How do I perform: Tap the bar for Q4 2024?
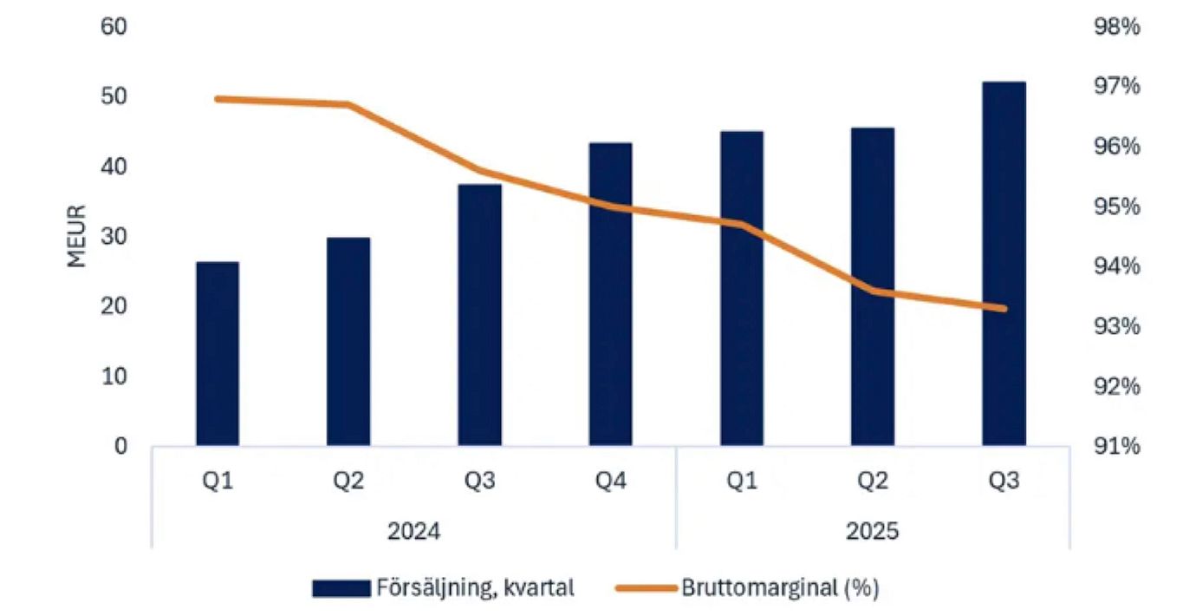(x=610, y=294)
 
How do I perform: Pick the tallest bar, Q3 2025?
(x=1004, y=264)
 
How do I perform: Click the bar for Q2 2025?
(x=873, y=286)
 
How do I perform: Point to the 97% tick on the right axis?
(x=1117, y=87)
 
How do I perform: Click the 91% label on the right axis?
(x=1117, y=447)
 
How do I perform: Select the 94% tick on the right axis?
(x=1117, y=266)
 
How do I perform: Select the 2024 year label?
(x=413, y=531)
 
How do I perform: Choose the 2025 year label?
(x=872, y=531)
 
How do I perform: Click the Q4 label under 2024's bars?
(x=610, y=482)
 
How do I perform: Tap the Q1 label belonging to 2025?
(x=741, y=482)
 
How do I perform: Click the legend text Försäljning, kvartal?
(x=475, y=588)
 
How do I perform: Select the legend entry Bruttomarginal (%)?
(x=780, y=588)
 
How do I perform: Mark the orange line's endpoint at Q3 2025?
(x=1004, y=308)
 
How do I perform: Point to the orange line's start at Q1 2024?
(x=218, y=99)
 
